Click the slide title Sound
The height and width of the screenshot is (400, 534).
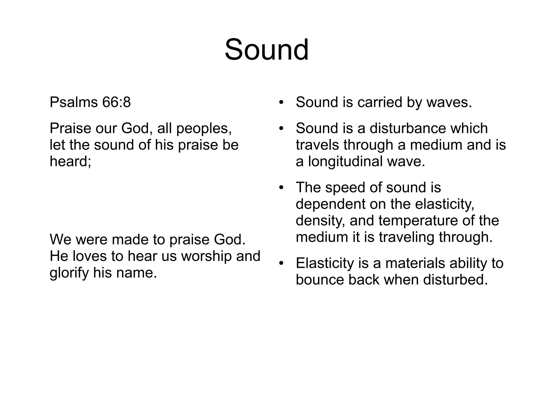266,50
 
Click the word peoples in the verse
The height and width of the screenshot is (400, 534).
204,128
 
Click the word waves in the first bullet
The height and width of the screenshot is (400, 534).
449,102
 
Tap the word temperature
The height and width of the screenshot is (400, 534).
416,220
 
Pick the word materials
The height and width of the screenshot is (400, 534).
415,263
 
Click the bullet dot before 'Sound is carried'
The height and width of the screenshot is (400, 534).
281,102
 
